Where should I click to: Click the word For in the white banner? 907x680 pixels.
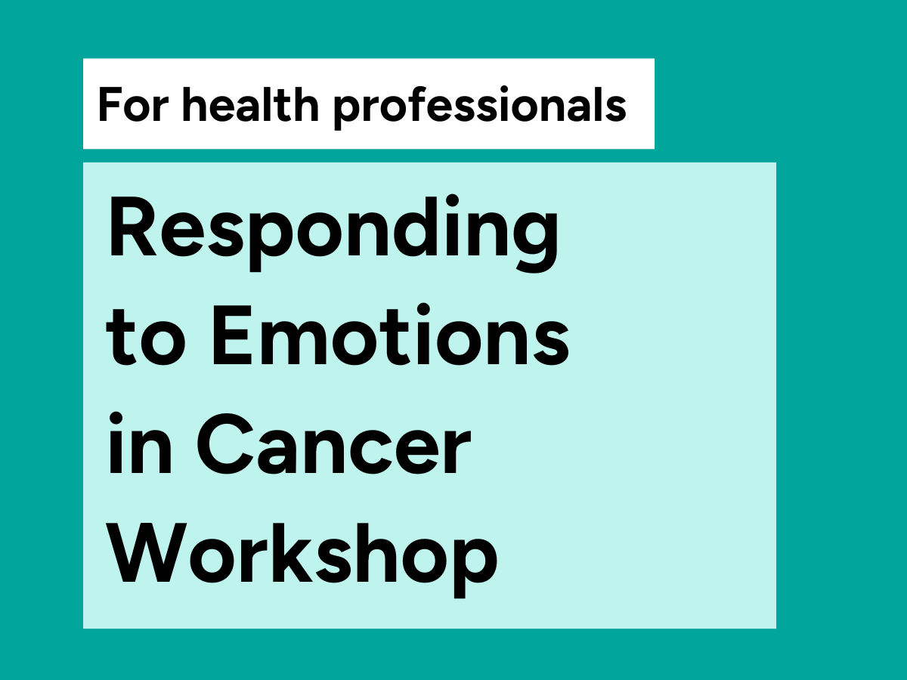(133, 105)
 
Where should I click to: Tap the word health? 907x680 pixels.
(251, 104)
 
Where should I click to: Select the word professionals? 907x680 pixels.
(480, 107)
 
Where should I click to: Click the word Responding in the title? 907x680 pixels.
(333, 233)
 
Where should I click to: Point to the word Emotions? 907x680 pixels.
(391, 335)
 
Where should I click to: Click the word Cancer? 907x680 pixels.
(333, 444)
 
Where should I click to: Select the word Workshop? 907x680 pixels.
(302, 560)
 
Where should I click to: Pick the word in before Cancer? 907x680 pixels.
(140, 443)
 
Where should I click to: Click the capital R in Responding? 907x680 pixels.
(132, 227)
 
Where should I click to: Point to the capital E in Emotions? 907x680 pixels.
(232, 335)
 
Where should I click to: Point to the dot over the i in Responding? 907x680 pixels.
(452, 201)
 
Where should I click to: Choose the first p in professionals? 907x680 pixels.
(348, 110)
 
